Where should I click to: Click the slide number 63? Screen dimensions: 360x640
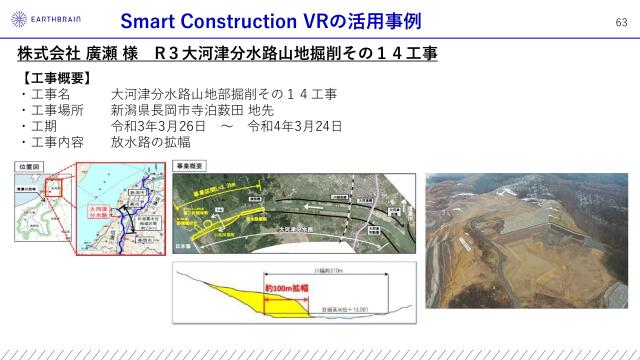coord(619,22)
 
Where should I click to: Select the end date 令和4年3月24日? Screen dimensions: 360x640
coord(295,126)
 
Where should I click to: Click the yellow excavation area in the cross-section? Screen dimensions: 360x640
coord(240,296)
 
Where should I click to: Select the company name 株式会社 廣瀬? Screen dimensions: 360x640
coord(65,51)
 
